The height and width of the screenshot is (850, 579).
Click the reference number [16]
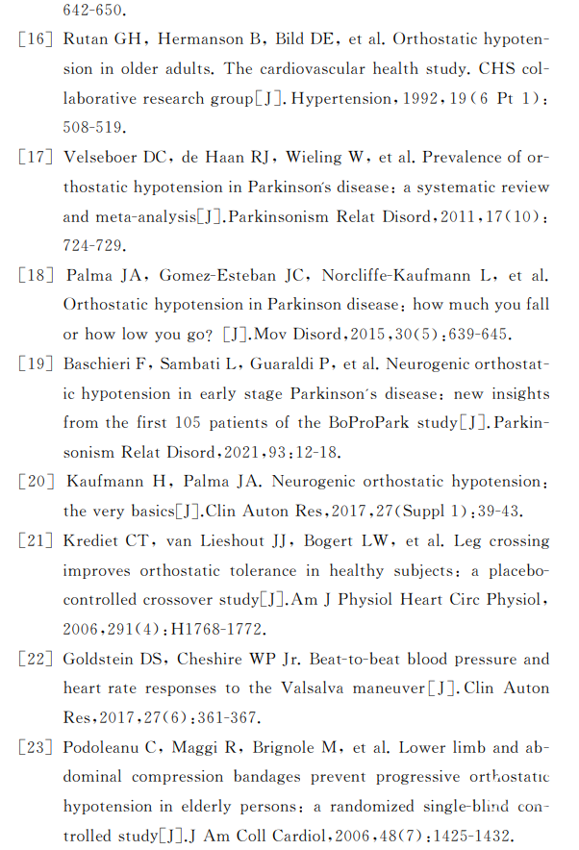(x=37, y=39)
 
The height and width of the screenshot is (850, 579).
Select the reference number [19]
(x=37, y=364)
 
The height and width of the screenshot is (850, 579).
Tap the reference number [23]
(x=37, y=747)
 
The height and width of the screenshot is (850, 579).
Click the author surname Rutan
(x=87, y=39)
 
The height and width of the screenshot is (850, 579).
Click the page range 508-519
(x=91, y=127)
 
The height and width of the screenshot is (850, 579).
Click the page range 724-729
(x=91, y=245)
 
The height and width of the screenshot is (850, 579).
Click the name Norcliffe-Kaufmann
(x=396, y=276)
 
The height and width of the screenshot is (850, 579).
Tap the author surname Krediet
(x=94, y=540)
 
